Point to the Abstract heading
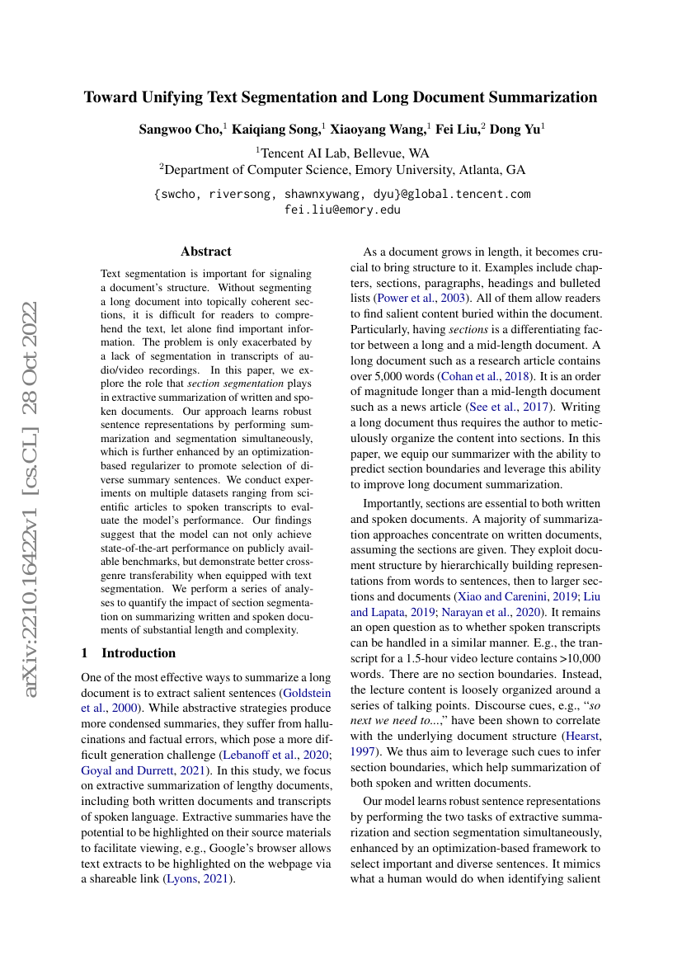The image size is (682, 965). [x=206, y=252]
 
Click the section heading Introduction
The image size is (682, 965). [x=139, y=653]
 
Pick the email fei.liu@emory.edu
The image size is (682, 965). [x=342, y=209]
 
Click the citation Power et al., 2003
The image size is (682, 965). [x=400, y=297]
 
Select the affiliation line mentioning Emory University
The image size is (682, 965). [x=342, y=170]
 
